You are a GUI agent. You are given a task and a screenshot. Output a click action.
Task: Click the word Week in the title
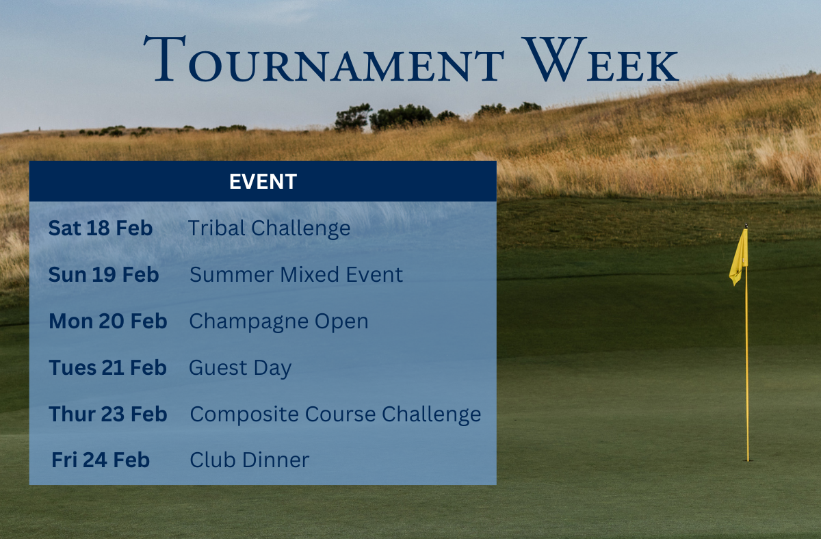(x=601, y=59)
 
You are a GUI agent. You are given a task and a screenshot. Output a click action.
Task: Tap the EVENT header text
(x=263, y=181)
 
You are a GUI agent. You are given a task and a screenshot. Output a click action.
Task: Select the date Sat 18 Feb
(x=101, y=228)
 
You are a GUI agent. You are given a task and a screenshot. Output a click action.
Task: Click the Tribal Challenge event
(x=270, y=228)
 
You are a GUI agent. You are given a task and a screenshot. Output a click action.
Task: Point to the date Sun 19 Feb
(x=104, y=274)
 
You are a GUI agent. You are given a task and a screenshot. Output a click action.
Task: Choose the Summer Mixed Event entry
(x=296, y=274)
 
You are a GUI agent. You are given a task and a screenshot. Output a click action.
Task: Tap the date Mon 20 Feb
(x=108, y=321)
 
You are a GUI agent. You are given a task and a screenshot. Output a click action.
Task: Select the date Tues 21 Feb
(x=108, y=367)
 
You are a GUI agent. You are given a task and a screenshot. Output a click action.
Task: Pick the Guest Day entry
(x=240, y=368)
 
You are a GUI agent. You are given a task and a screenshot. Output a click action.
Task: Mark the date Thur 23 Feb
(x=108, y=414)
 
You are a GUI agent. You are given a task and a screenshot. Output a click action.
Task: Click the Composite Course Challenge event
(x=335, y=415)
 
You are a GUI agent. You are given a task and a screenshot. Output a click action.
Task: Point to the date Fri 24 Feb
(x=101, y=460)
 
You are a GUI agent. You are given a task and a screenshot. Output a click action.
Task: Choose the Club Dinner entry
(x=250, y=460)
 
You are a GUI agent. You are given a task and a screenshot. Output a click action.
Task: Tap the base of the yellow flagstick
(x=748, y=460)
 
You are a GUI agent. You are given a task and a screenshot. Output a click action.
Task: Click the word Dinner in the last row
(x=276, y=460)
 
